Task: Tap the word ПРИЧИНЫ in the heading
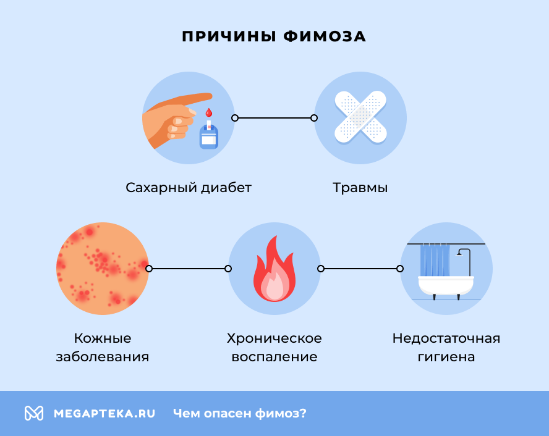tap(229, 36)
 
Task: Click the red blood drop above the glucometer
tap(208, 113)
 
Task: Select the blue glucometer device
tap(208, 137)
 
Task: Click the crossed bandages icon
tap(360, 117)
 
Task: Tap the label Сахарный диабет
tap(189, 187)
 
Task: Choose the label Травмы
tap(360, 187)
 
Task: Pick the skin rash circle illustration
tap(103, 269)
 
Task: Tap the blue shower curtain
tap(434, 259)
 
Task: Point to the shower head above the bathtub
tap(461, 253)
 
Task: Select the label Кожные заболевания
tap(103, 348)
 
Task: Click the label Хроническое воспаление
tap(274, 348)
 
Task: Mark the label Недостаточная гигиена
tap(446, 348)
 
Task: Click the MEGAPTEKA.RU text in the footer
tap(104, 413)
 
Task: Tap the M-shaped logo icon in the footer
tap(34, 413)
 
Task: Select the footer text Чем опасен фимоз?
tap(240, 413)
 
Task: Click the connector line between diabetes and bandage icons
tap(274, 117)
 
